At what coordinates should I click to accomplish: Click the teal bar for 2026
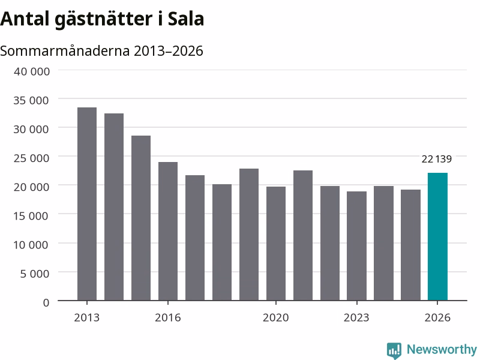pos(437,236)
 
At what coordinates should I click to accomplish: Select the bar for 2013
pos(87,204)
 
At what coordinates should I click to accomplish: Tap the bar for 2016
pos(168,231)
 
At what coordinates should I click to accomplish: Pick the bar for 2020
pos(276,244)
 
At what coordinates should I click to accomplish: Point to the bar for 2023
pos(356,246)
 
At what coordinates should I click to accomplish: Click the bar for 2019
pos(249,235)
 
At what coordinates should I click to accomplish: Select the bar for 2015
pos(141,218)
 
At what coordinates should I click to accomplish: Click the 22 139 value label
pos(437,159)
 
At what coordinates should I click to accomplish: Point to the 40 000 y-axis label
pos(32,71)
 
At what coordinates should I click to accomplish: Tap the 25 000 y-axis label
pos(31,158)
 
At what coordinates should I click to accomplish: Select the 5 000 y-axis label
pos(35,274)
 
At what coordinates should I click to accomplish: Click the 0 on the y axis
pos(46,302)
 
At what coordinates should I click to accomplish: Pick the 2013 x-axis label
pos(86,317)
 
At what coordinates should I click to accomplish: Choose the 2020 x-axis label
pos(275,317)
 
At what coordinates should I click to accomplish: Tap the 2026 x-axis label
pos(437,317)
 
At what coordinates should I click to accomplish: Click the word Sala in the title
pos(186,19)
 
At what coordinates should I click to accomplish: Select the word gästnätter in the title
pos(103,20)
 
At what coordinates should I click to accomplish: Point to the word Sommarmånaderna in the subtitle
pos(65,51)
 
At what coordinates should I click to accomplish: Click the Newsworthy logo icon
pos(394,350)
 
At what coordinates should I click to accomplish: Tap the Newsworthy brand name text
pos(442,349)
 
